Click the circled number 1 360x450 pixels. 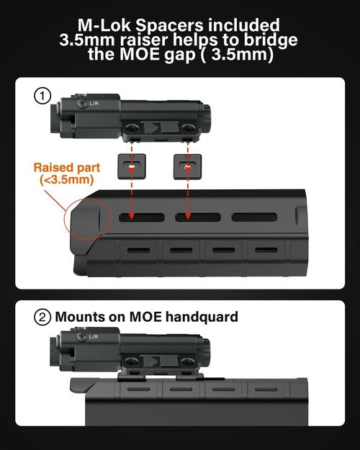(42, 96)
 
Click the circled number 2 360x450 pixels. (42, 318)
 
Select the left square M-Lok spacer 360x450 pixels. (132, 166)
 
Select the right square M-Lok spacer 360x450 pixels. (187, 166)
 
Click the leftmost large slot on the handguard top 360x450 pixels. (142, 217)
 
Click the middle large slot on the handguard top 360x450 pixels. (198, 217)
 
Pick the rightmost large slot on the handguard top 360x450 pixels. (254, 217)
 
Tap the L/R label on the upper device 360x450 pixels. (94, 103)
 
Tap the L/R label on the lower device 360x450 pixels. (94, 336)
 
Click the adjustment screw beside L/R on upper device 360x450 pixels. (82, 104)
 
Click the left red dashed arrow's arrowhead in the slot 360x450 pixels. (131, 216)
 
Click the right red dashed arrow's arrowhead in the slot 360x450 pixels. (187, 216)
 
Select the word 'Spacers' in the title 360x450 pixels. (169, 26)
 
